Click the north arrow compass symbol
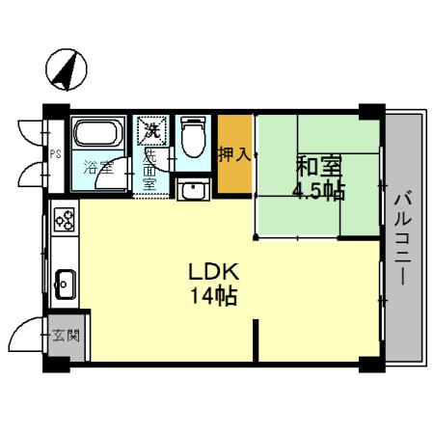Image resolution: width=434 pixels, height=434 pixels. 66,68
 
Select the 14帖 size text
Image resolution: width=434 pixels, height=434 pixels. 214,296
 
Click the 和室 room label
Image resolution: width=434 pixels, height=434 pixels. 317,166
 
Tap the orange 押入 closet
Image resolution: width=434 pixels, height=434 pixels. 234,154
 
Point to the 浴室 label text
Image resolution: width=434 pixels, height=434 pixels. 97,165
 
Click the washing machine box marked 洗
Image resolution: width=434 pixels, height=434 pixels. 151,127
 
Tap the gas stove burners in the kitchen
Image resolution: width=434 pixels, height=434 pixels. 65,221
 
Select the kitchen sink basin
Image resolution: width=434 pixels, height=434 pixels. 66,285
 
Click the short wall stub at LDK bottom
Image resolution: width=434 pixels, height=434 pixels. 256,341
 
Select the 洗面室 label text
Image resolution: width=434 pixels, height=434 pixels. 150,167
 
